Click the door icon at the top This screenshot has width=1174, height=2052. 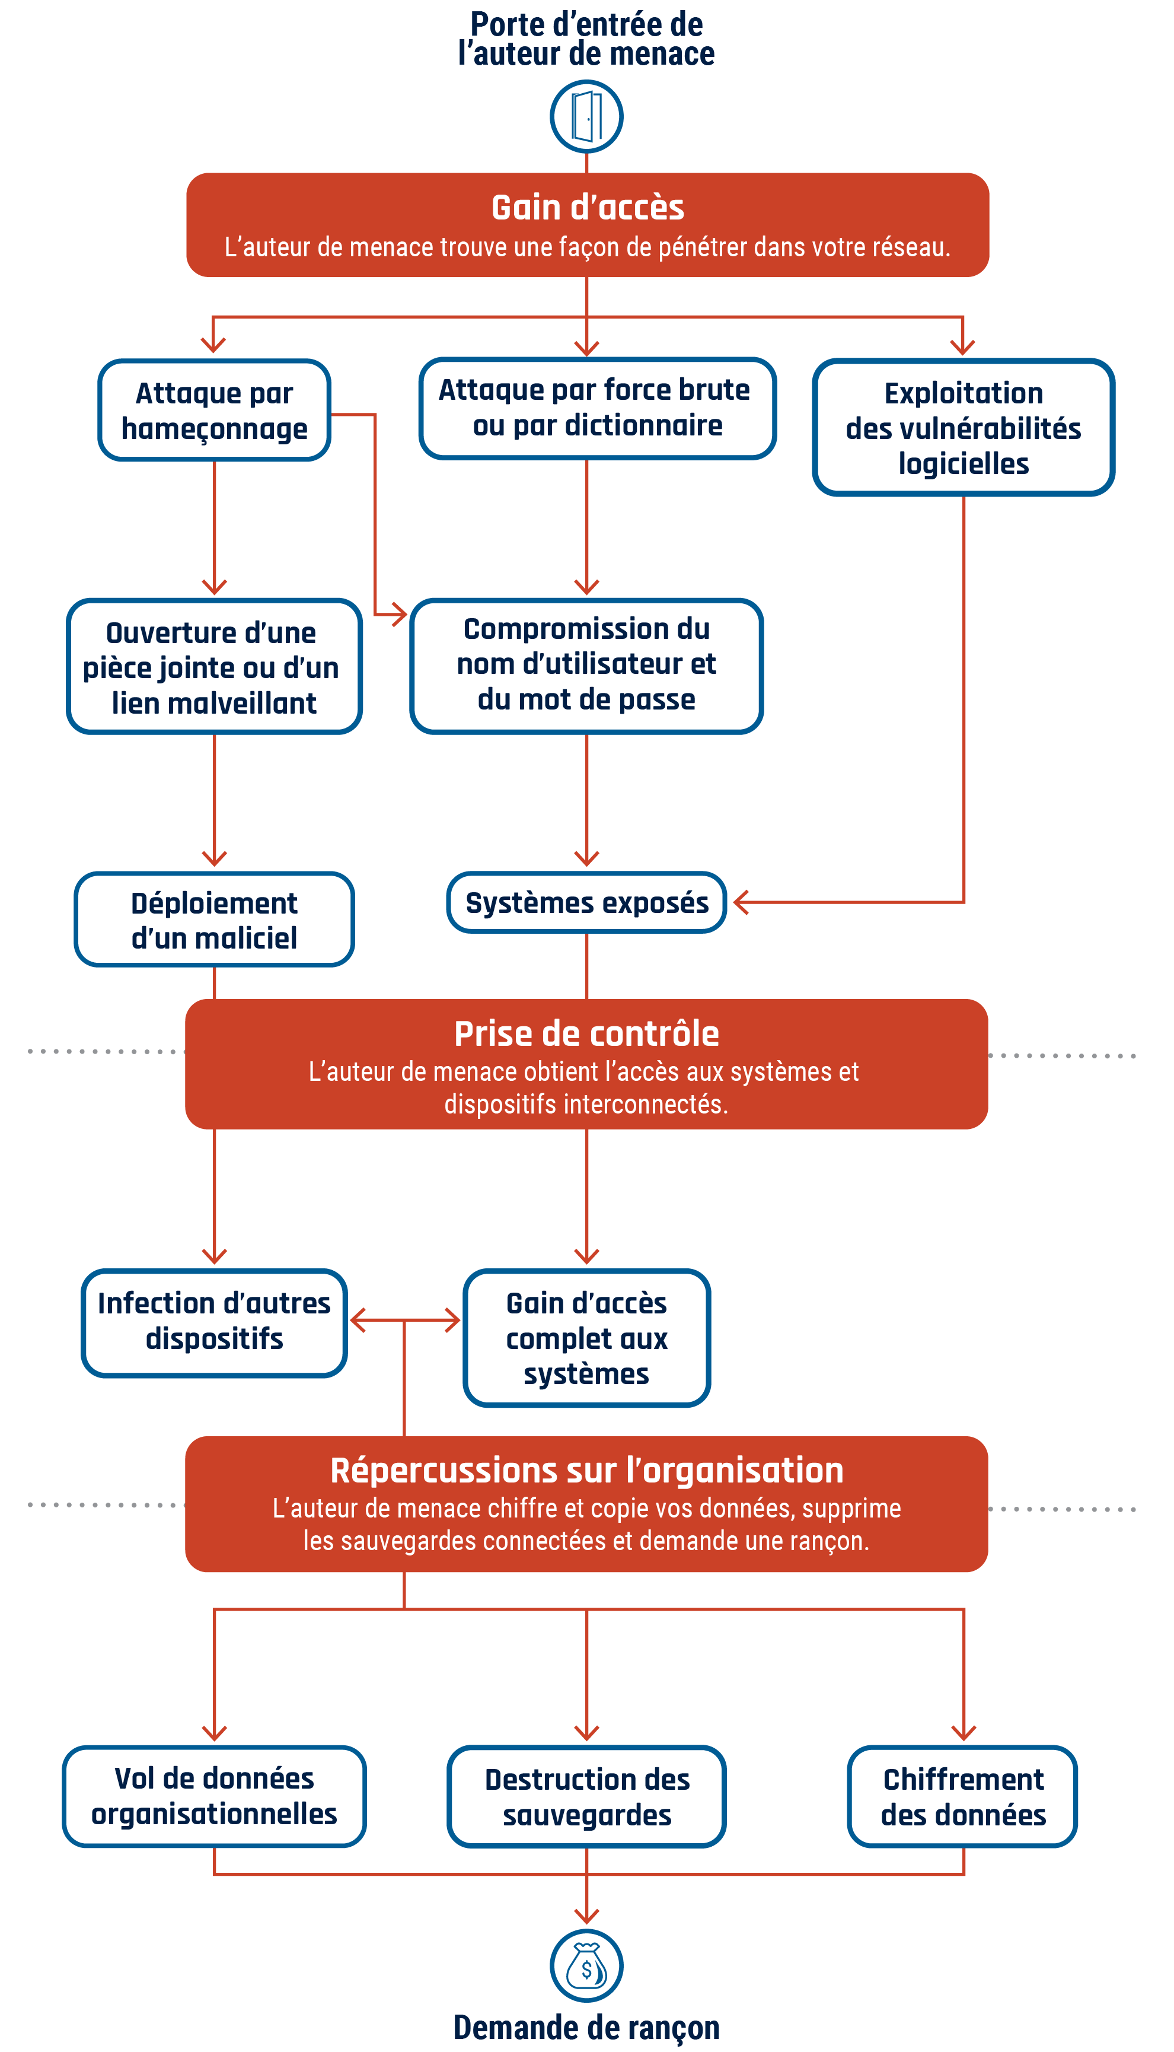click(586, 116)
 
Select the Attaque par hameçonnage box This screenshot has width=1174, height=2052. click(215, 411)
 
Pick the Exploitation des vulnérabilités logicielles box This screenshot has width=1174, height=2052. click(963, 428)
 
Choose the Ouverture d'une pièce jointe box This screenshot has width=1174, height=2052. click(215, 666)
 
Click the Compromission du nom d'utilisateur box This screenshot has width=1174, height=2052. click(586, 666)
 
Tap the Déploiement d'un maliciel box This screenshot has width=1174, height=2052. click(215, 920)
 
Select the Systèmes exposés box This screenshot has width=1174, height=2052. click(586, 902)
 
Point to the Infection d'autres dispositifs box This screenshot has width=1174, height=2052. click(215, 1323)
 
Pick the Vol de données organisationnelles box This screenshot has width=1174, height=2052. click(215, 1796)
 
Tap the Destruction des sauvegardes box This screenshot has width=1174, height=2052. click(586, 1797)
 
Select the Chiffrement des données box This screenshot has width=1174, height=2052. click(963, 1797)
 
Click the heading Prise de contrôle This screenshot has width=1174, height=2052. click(586, 1034)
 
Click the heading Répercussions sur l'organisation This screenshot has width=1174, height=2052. click(586, 1471)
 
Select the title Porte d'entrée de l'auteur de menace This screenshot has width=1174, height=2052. click(586, 39)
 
